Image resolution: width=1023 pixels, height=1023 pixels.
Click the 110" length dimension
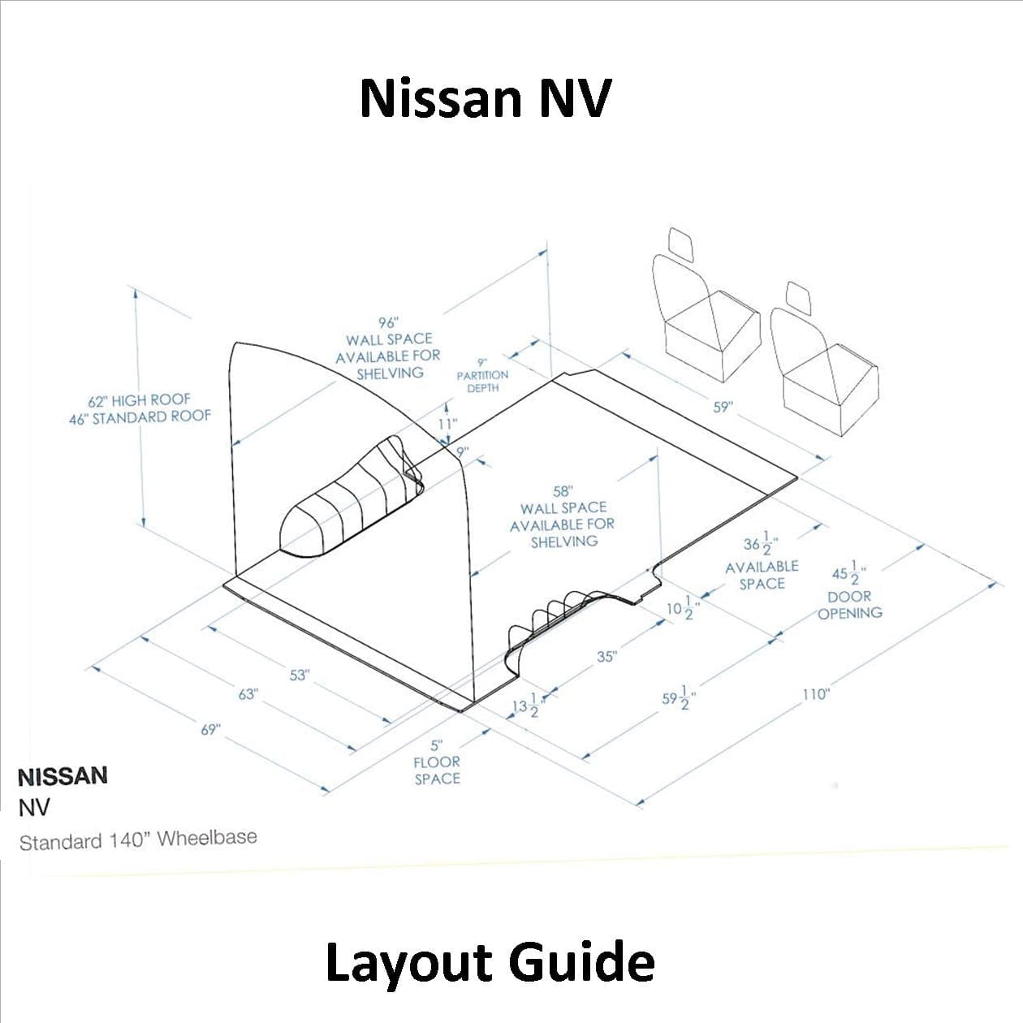(x=815, y=694)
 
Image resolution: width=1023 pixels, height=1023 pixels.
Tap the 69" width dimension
(x=210, y=729)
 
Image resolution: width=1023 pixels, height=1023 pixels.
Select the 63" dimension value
(x=248, y=694)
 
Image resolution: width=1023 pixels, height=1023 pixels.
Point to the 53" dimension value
(x=299, y=675)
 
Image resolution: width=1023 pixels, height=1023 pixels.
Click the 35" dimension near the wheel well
(x=606, y=656)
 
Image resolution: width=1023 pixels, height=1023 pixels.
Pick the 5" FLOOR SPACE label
(x=437, y=762)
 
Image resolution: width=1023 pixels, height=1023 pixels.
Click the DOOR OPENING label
(x=850, y=605)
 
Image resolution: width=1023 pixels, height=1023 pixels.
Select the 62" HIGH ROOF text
(x=139, y=400)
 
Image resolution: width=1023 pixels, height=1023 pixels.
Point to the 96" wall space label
(x=388, y=347)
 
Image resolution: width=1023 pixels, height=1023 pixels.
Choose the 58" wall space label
(x=563, y=516)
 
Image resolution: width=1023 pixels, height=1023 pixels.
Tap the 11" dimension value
(x=447, y=423)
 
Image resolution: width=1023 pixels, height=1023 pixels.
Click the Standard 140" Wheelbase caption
(x=138, y=840)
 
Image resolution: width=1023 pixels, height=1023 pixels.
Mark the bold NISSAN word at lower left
(x=63, y=776)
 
